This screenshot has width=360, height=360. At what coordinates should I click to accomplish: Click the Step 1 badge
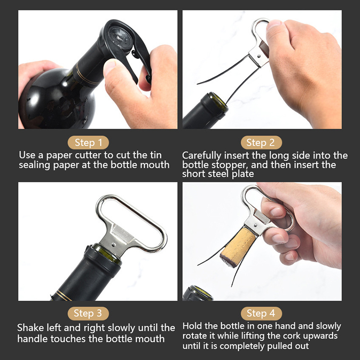pos(88,143)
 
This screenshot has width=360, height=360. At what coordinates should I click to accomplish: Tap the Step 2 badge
pos(261,143)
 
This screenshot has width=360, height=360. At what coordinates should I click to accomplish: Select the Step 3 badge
pos(88,313)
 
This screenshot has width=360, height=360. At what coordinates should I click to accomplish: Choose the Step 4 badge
pos(261,313)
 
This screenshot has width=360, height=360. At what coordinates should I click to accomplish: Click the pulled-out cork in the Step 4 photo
pos(238,247)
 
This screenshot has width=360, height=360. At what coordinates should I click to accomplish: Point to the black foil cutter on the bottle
pos(125,46)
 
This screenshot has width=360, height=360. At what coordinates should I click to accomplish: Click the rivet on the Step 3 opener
pos(114,244)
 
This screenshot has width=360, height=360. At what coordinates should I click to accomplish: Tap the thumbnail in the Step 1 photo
pos(109,65)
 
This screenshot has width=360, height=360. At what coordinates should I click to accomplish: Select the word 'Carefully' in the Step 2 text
pos(202,156)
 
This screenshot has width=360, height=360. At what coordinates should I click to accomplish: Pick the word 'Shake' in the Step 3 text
pos(31,328)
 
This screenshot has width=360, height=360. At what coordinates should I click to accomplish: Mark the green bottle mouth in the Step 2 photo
pos(218,101)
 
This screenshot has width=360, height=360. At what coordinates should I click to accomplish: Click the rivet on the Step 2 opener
pos(259,56)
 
